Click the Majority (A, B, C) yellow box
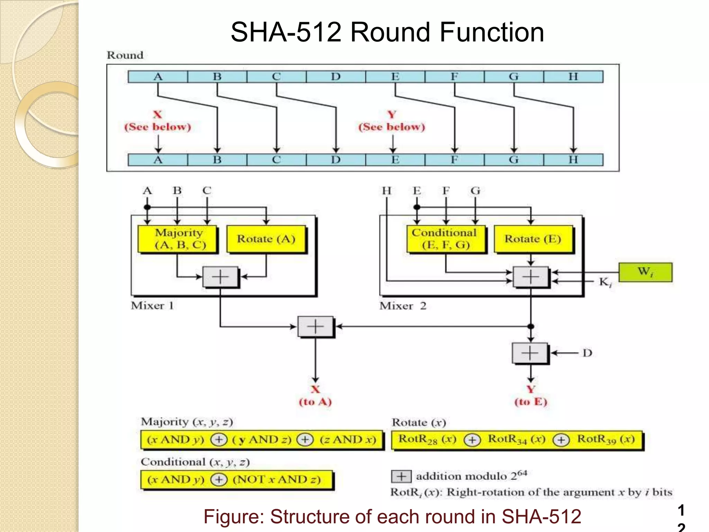177,239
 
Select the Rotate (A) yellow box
266,239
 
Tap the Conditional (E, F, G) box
446,239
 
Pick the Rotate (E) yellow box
533,239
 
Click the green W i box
645,272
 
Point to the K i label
605,282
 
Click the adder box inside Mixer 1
220,277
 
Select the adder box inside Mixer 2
531,277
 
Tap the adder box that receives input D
530,353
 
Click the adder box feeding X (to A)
315,327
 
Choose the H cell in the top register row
573,77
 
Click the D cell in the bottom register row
336,160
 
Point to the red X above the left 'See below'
158,115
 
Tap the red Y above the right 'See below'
392,115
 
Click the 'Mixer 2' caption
403,306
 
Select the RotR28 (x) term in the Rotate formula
427,440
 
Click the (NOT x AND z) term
277,480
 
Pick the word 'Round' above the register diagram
125,55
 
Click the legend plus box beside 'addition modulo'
401,477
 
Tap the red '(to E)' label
530,402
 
